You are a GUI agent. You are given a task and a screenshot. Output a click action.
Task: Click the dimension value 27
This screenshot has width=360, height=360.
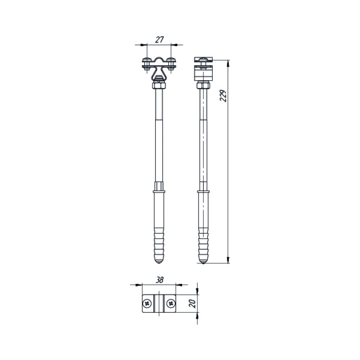click(x=159, y=40)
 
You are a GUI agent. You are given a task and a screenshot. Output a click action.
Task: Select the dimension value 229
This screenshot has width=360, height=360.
click(x=223, y=96)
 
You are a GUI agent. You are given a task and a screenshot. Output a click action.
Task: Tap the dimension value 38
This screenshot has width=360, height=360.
click(x=159, y=280)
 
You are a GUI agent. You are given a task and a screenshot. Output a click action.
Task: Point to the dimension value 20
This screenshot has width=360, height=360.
click(x=192, y=303)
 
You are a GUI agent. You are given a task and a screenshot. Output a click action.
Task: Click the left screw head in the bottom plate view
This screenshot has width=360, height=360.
click(x=147, y=304)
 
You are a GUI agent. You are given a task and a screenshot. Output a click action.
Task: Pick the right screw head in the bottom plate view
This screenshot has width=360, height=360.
click(x=171, y=304)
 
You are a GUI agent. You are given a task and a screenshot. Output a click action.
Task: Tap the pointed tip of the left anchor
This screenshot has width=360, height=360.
click(x=159, y=263)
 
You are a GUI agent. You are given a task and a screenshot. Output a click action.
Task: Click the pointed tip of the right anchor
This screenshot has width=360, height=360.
click(x=203, y=263)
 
